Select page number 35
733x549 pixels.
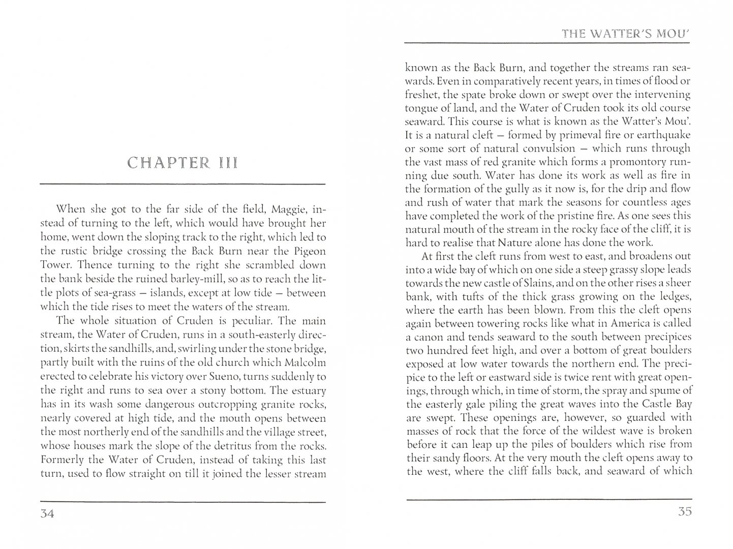tap(685, 512)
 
